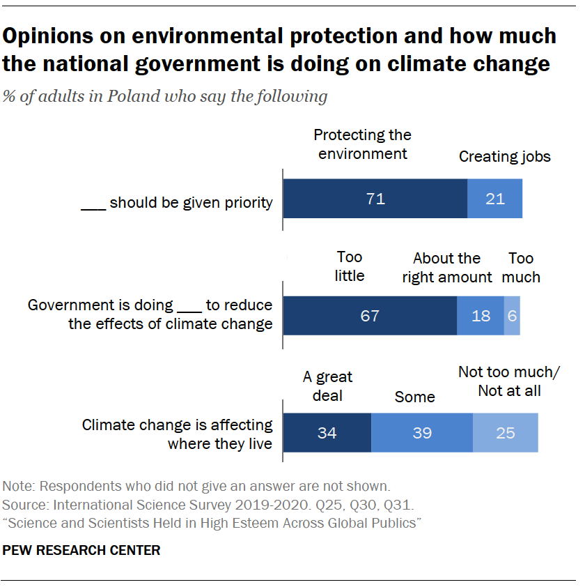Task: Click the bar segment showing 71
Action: pos(375,199)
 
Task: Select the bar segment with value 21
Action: pos(494,199)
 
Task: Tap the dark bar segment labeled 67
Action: pos(370,316)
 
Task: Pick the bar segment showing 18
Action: pos(481,316)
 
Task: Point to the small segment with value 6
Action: pos(512,316)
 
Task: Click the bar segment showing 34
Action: pos(327,433)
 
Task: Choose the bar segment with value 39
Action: pos(422,433)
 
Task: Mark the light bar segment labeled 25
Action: pos(506,433)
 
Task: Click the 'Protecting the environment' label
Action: pos(363,144)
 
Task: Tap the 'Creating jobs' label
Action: pos(504,156)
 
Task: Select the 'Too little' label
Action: pos(350,266)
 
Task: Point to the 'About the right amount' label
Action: pos(446,268)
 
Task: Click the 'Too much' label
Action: pos(521,268)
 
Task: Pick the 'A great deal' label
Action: pos(327,386)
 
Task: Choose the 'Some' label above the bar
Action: pos(414,397)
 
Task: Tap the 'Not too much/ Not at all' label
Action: pos(509,381)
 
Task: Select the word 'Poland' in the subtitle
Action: pos(131,96)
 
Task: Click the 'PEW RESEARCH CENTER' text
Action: pos(81,551)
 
